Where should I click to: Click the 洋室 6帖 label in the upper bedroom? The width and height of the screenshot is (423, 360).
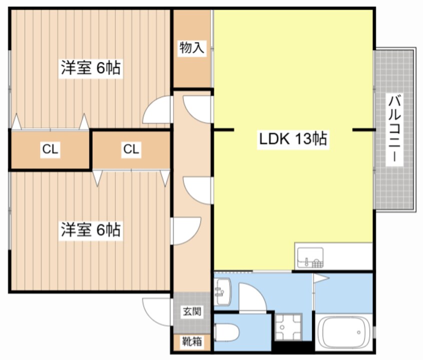tap(91, 68)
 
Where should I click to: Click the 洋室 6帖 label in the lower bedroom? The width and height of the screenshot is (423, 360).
tap(91, 230)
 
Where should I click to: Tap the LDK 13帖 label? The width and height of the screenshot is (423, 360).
tap(293, 139)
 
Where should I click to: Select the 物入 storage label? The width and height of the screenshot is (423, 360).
tap(192, 48)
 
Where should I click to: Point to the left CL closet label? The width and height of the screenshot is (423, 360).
tap(50, 149)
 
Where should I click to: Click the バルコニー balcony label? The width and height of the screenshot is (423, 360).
tap(395, 129)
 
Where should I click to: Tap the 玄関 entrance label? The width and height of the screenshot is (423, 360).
tap(192, 312)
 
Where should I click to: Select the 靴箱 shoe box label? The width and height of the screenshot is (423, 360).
tap(192, 342)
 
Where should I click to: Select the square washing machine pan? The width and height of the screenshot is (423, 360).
tap(289, 328)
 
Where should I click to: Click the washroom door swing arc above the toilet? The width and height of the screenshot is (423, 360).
tap(252, 297)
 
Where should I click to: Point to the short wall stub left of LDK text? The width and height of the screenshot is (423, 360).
tap(223, 130)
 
